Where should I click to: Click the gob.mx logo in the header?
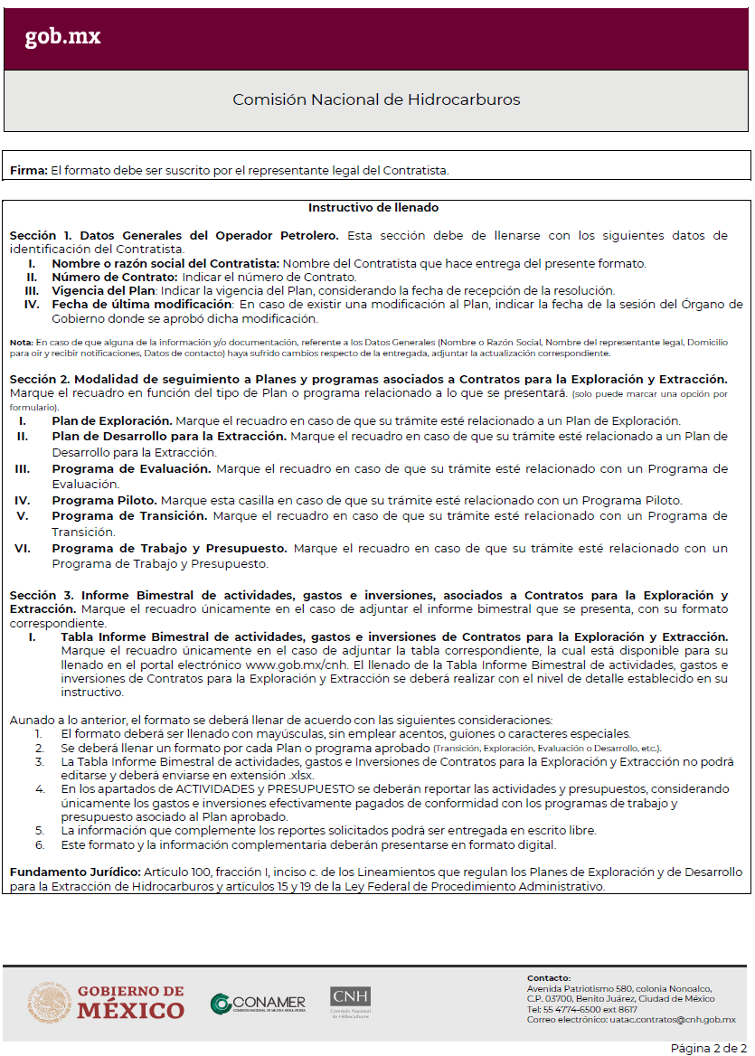[x=62, y=36]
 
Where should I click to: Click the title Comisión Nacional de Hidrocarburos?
[x=376, y=99]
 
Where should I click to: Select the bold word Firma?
[x=28, y=170]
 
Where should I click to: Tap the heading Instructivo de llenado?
[x=373, y=208]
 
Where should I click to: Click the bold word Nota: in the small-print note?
[x=21, y=343]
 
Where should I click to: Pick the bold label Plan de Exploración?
[x=112, y=421]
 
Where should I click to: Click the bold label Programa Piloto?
[x=104, y=500]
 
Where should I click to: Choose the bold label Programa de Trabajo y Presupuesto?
[x=169, y=548]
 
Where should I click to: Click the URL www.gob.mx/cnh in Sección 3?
[x=288, y=665]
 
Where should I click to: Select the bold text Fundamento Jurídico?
[x=75, y=872]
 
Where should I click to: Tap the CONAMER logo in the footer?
[x=258, y=1003]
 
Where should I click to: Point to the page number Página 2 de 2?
[x=708, y=1047]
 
